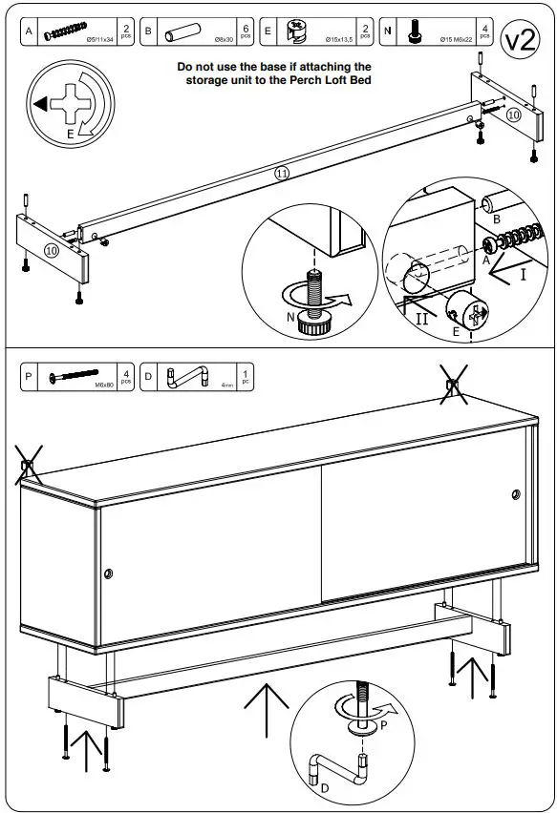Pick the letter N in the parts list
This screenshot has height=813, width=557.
click(387, 32)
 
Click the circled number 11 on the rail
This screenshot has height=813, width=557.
click(281, 173)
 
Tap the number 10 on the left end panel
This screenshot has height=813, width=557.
click(51, 250)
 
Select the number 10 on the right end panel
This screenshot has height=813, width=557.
click(513, 115)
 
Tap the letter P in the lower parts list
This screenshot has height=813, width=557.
click(29, 376)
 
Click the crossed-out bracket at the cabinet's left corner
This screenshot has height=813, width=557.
click(28, 468)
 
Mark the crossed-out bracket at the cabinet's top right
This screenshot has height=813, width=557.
click(454, 386)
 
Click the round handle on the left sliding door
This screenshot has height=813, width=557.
click(108, 573)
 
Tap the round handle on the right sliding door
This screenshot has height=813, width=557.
click(516, 494)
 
